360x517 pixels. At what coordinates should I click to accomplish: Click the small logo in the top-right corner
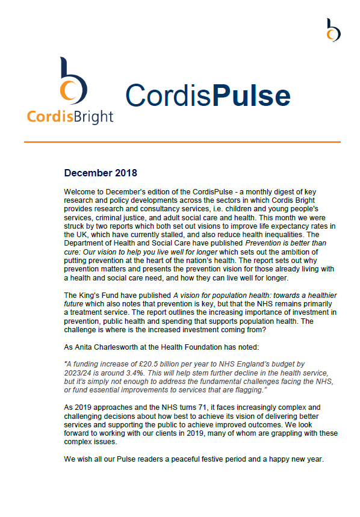333,29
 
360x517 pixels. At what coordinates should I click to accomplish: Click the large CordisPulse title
208,95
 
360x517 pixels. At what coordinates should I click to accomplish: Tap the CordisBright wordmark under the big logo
70,116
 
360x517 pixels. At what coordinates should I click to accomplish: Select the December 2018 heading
100,174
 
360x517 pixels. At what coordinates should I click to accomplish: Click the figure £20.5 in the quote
149,364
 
